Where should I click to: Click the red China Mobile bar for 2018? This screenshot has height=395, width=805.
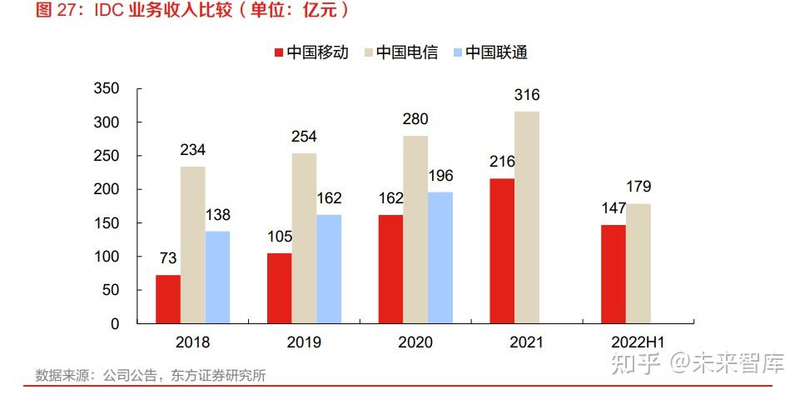168,298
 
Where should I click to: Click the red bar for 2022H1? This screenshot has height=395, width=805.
613,273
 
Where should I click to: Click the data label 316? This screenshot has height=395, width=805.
526,96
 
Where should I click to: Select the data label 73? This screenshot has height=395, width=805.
168,259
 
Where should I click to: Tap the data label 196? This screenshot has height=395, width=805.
440,177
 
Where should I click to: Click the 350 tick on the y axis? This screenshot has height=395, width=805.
107,88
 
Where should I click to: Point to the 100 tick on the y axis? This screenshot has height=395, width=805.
107,257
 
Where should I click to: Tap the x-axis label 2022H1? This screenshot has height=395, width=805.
637,342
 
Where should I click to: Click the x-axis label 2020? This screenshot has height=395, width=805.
415,342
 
